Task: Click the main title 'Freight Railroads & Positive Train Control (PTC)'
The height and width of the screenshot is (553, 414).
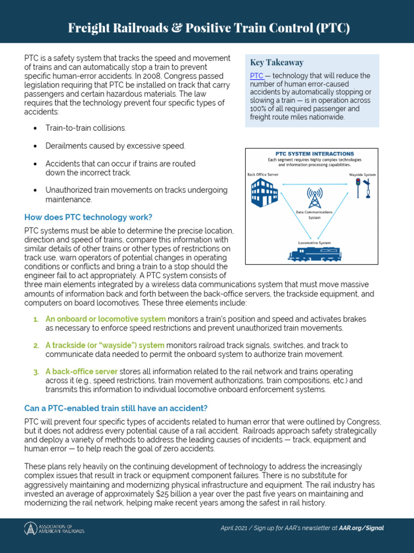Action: pos(209,29)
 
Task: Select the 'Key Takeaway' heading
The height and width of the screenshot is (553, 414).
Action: pos(277,63)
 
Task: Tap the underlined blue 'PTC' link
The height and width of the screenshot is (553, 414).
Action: pos(257,76)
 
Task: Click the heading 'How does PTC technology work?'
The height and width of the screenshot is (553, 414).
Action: pos(88,217)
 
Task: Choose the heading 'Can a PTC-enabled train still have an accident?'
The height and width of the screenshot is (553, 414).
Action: pos(116,407)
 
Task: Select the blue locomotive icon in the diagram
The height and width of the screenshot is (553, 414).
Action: pos(315,254)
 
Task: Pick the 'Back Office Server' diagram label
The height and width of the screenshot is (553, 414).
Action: pos(263,175)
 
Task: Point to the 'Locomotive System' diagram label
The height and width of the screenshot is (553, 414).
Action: pos(314,243)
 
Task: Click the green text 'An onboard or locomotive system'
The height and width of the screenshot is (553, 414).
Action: pos(105,319)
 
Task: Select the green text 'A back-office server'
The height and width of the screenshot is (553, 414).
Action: pos(81,372)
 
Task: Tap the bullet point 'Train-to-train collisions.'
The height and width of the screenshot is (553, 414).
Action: pos(86,128)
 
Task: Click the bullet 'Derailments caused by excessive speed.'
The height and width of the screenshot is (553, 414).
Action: pos(115,146)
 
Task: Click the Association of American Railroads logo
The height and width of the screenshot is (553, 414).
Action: pos(54,528)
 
